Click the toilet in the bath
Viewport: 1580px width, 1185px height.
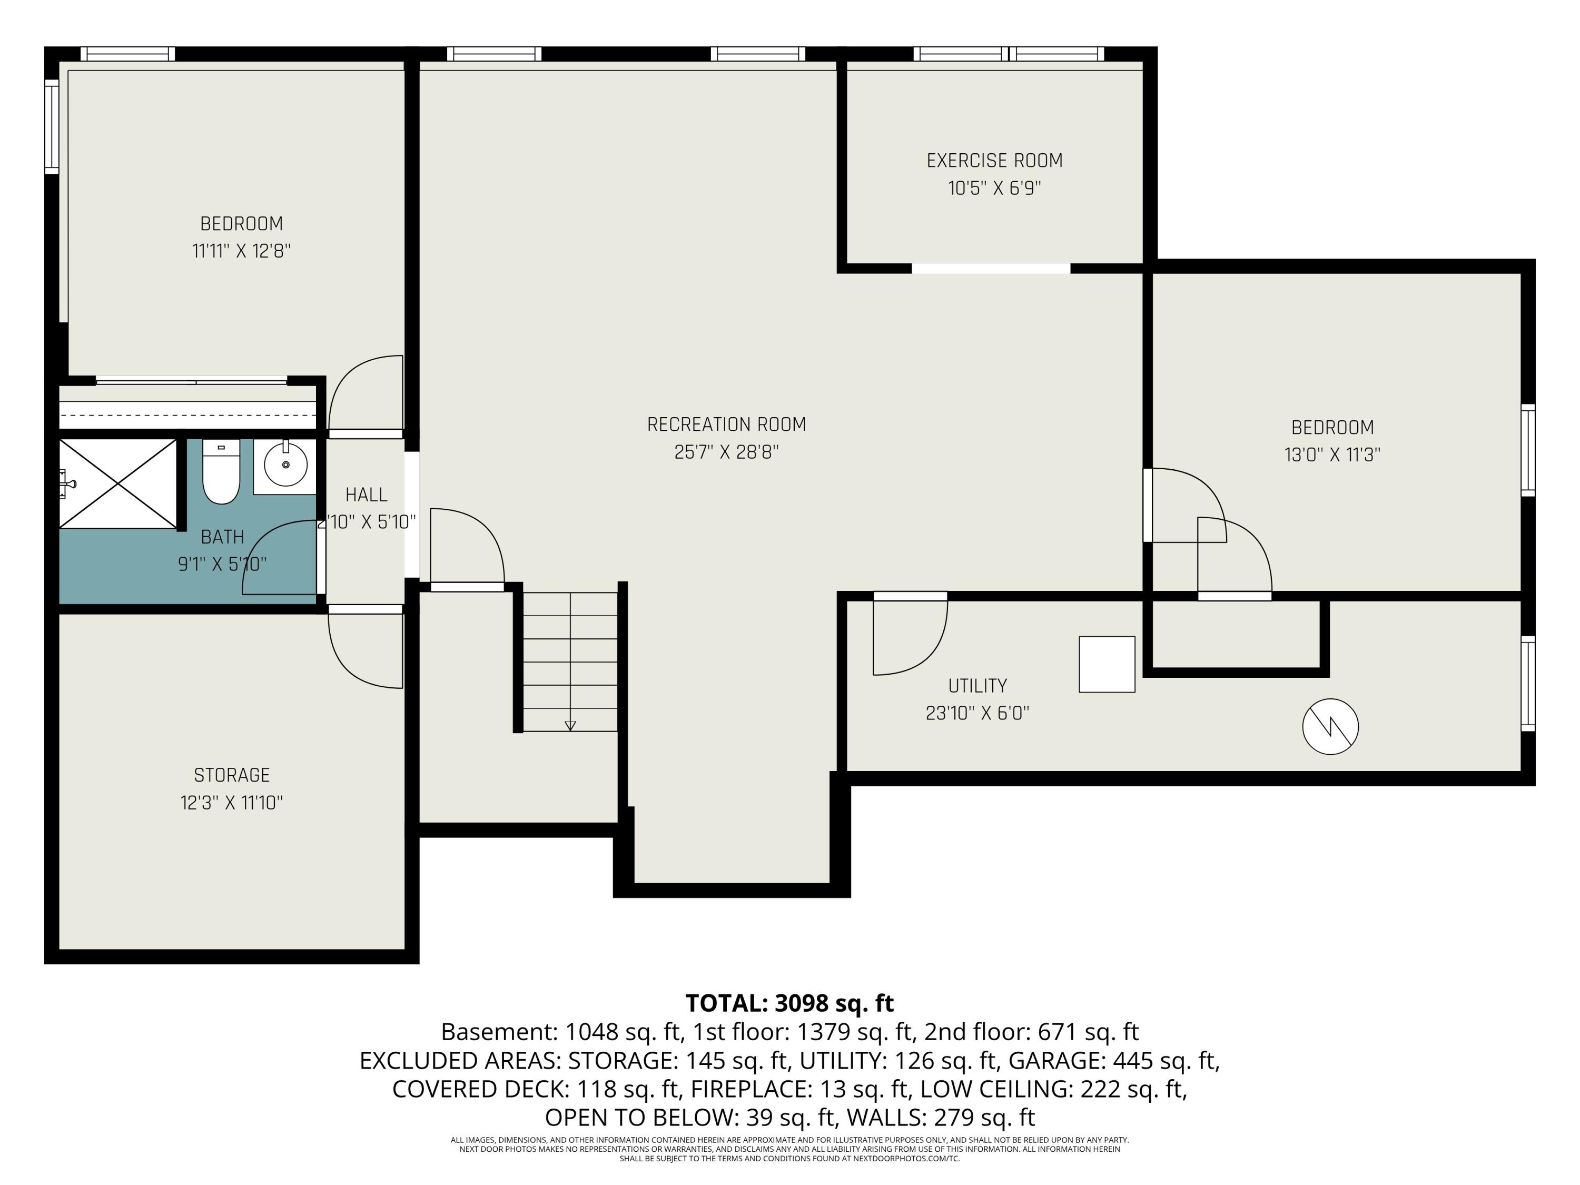(221, 471)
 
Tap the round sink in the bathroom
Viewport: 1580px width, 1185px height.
(285, 465)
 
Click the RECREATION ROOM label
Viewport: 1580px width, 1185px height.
(726, 424)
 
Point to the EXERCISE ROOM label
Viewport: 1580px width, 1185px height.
(994, 161)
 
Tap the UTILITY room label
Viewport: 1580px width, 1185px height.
(977, 686)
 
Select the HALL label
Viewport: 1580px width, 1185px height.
(367, 495)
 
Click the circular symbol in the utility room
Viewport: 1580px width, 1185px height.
(1330, 726)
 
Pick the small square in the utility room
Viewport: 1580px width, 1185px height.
(1107, 664)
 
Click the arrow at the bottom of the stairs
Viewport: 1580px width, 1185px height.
(570, 726)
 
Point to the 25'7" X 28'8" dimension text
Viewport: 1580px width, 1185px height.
(726, 452)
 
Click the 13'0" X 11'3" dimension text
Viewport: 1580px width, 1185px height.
(1332, 455)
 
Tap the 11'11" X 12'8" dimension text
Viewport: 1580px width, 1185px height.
(241, 251)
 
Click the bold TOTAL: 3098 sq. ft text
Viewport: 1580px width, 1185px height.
(789, 1003)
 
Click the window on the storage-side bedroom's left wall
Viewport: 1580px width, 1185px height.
(52, 126)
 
